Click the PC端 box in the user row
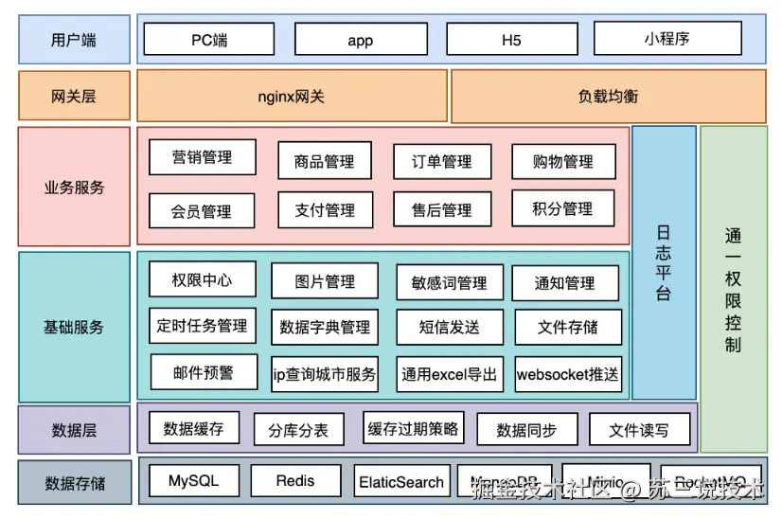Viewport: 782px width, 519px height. coord(209,40)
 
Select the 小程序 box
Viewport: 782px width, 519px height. coord(666,40)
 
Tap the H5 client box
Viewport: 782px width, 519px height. coord(511,40)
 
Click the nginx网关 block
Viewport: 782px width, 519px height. coord(292,97)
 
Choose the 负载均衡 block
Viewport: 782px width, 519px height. coord(608,97)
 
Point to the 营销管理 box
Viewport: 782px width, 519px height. coord(202,157)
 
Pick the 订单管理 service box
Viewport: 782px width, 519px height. coord(441,162)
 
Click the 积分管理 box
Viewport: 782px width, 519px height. coord(562,208)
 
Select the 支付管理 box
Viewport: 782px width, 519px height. coord(325,210)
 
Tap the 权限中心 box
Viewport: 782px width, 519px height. coord(202,279)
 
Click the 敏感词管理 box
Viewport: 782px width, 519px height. coord(449,282)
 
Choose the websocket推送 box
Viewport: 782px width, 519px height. coord(567,374)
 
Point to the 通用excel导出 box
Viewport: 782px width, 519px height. coord(449,374)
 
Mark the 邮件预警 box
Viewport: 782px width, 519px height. coord(203,372)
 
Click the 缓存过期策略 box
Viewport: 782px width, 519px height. coord(413,428)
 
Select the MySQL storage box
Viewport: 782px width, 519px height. coord(193,481)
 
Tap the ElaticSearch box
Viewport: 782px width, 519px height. coord(401,482)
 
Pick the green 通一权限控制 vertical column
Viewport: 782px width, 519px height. coord(733,289)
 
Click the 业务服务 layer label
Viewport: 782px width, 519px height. coord(74,187)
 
